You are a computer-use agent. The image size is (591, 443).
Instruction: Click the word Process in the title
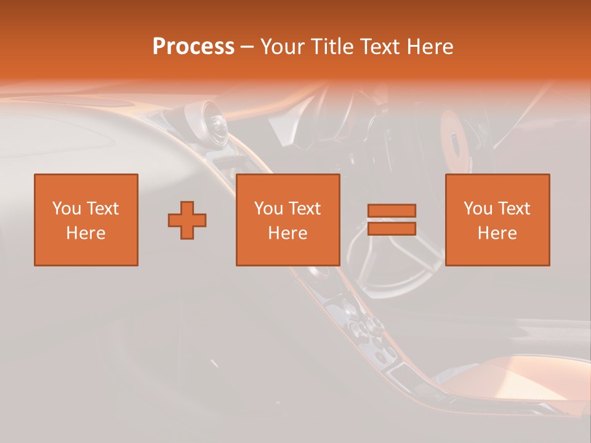click(x=193, y=46)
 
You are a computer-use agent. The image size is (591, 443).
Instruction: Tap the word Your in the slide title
click(x=283, y=46)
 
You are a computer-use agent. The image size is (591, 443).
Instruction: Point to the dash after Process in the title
click(x=247, y=47)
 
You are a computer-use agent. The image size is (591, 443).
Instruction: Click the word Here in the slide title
click(x=429, y=46)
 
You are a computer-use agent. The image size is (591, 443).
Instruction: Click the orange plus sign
click(x=187, y=220)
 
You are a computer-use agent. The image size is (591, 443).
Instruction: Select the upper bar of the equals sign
click(x=392, y=210)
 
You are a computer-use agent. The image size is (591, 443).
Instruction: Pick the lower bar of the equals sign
click(x=392, y=228)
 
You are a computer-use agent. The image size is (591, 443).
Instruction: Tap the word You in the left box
click(x=67, y=209)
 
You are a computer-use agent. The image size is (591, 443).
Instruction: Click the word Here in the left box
click(x=86, y=233)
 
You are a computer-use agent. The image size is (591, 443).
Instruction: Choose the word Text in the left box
click(x=102, y=209)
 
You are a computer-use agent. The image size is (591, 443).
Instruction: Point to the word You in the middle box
click(x=269, y=209)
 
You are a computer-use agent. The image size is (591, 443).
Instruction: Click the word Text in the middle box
click(x=304, y=209)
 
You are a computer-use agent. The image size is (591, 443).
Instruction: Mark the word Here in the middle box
click(x=287, y=233)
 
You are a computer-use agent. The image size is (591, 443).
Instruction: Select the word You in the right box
click(x=478, y=209)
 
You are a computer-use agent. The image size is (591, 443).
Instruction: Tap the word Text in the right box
click(x=513, y=209)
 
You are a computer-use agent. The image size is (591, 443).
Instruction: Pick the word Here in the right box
click(x=497, y=233)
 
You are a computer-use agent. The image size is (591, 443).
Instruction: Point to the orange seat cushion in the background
click(x=523, y=378)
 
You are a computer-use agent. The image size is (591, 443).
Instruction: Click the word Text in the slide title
click(x=376, y=46)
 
